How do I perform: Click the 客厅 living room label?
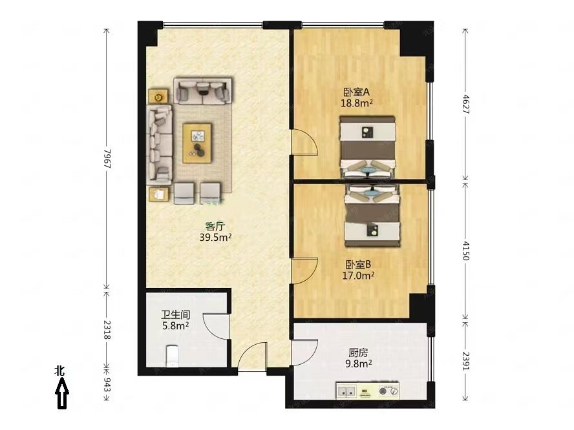click(x=215, y=226)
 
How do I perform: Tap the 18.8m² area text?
click(x=357, y=103)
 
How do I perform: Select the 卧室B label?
click(x=358, y=264)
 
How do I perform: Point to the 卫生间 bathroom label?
click(x=176, y=314)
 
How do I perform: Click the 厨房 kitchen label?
click(x=358, y=353)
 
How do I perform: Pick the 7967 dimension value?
click(x=107, y=158)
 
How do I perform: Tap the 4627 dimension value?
click(x=465, y=104)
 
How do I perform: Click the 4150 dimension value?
click(x=465, y=250)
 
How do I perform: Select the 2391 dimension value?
click(x=465, y=362)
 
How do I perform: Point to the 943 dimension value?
click(x=107, y=385)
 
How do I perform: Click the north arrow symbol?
click(x=62, y=393)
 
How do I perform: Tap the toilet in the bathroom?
click(x=172, y=356)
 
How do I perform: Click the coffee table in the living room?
click(x=197, y=143)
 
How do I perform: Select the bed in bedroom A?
click(x=368, y=147)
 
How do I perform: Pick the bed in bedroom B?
click(x=372, y=216)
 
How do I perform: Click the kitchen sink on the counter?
click(x=346, y=391)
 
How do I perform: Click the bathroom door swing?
click(x=216, y=326)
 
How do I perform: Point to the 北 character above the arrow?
click(x=59, y=371)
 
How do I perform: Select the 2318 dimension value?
click(x=107, y=330)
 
